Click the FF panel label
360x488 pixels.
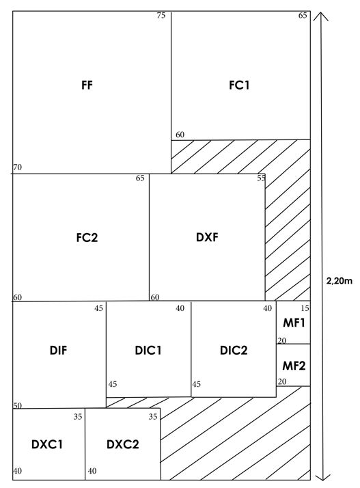pyautogui.click(x=87, y=85)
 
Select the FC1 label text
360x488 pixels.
pyautogui.click(x=239, y=85)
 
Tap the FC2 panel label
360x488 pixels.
pyautogui.click(x=87, y=237)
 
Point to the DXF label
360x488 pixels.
pyautogui.click(x=207, y=237)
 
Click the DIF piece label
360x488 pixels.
pyautogui.click(x=59, y=351)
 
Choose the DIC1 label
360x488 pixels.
pyautogui.click(x=148, y=351)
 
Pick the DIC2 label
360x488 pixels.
pyautogui.click(x=234, y=351)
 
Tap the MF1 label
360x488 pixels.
pyautogui.click(x=294, y=323)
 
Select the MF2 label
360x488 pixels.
pyautogui.click(x=294, y=366)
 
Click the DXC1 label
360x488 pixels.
pyautogui.click(x=47, y=444)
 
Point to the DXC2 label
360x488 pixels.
pyautogui.click(x=122, y=444)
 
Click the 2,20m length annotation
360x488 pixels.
pyautogui.click(x=339, y=281)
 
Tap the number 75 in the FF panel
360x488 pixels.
pyautogui.click(x=161, y=16)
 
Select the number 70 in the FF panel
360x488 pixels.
pyautogui.click(x=18, y=167)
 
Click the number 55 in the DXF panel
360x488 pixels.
pyautogui.click(x=262, y=178)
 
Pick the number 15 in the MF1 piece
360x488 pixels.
pyautogui.click(x=305, y=308)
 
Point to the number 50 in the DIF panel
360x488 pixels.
pyautogui.click(x=18, y=405)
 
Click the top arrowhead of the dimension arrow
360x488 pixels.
pyautogui.click(x=321, y=13)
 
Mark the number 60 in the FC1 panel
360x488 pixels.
pyautogui.click(x=180, y=135)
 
